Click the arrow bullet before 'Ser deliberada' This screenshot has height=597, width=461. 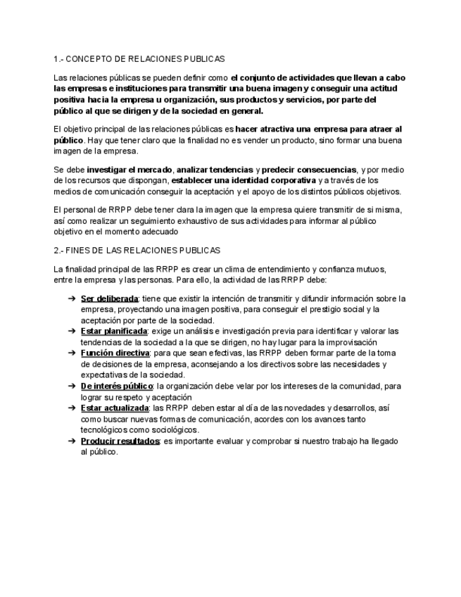(x=72, y=298)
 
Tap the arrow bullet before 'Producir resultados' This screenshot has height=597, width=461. (x=72, y=441)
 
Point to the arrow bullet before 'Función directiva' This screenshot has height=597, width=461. (x=72, y=353)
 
